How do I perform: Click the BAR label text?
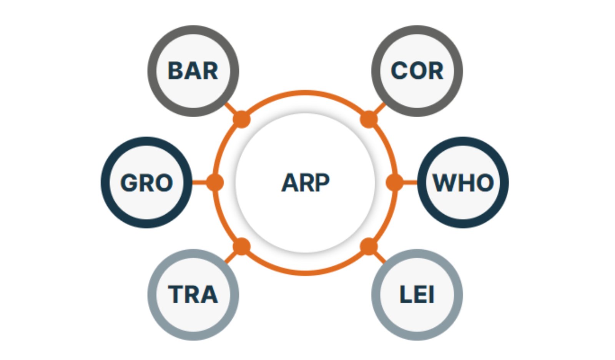pyautogui.click(x=193, y=71)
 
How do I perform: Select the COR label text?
pyautogui.click(x=417, y=71)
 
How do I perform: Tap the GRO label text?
pyautogui.click(x=146, y=183)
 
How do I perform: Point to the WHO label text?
pyautogui.click(x=463, y=183)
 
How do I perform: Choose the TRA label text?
pyautogui.click(x=193, y=294)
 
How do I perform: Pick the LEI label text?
pyautogui.click(x=417, y=294)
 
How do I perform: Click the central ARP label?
pyautogui.click(x=305, y=182)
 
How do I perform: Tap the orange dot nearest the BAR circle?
pyautogui.click(x=242, y=119)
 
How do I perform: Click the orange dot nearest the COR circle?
pyautogui.click(x=369, y=119)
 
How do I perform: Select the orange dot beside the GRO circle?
pyautogui.click(x=215, y=182)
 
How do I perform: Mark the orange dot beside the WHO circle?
pyautogui.click(x=394, y=182)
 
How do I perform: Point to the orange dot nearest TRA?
pyautogui.click(x=242, y=246)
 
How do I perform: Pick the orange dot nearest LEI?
pyautogui.click(x=369, y=246)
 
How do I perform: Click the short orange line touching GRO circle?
pyautogui.click(x=199, y=182)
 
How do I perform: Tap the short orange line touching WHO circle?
pyautogui.click(x=410, y=182)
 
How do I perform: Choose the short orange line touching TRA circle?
pyautogui.click(x=231, y=257)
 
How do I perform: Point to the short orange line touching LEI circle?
pyautogui.click(x=380, y=257)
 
